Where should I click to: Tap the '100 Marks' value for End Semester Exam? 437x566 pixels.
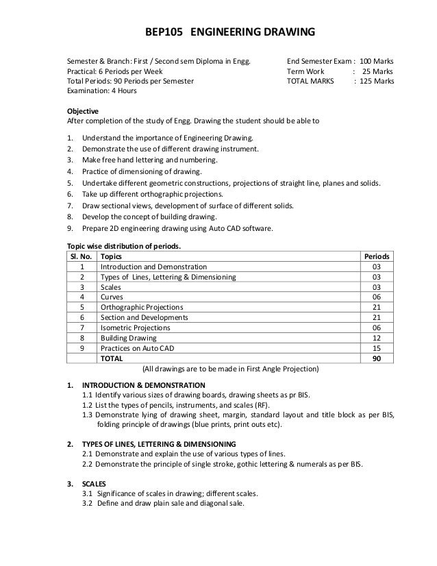[377, 60]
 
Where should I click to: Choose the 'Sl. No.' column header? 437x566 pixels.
[82, 256]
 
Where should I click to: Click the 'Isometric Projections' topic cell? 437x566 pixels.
[136, 328]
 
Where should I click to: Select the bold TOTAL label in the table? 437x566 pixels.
[112, 358]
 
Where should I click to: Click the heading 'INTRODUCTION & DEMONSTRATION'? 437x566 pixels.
[143, 385]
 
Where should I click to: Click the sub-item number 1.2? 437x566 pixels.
[88, 405]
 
